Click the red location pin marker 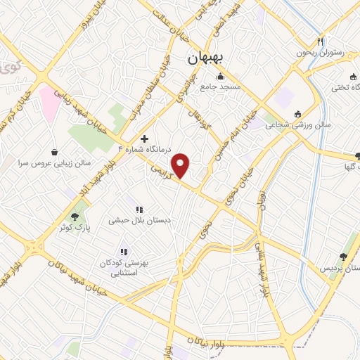pyautogui.click(x=181, y=165)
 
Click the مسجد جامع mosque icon pyautogui.click(x=220, y=76)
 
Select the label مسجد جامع pyautogui.click(x=220, y=87)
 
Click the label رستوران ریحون pyautogui.click(x=321, y=53)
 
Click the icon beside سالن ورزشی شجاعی pyautogui.click(x=297, y=114)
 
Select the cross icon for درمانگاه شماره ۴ pyautogui.click(x=145, y=138)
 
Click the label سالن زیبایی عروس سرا pyautogui.click(x=56, y=162)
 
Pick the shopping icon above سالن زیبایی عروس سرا pyautogui.click(x=55, y=151)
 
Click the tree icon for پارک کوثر pyautogui.click(x=75, y=216)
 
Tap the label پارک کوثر pyautogui.click(x=75, y=228)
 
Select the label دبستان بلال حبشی pyautogui.click(x=139, y=220)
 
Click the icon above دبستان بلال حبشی pyautogui.click(x=139, y=209)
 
